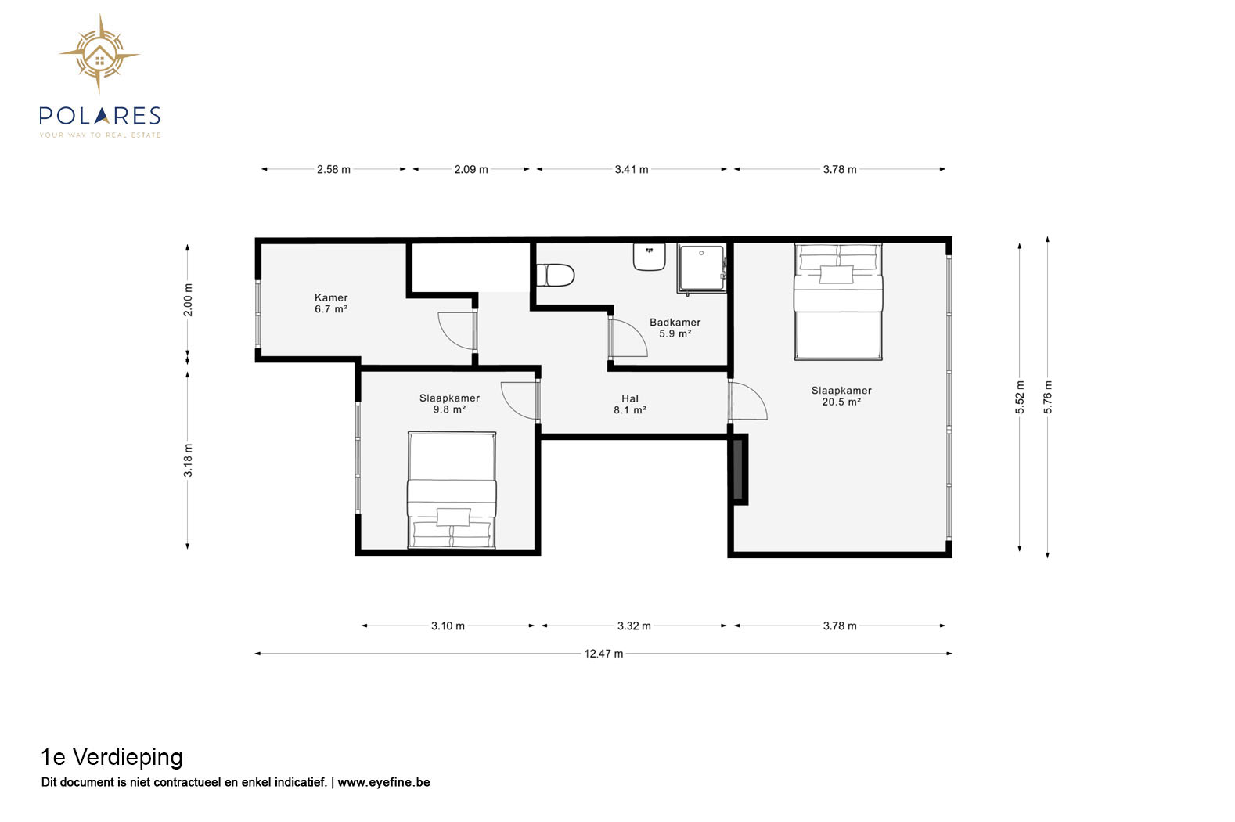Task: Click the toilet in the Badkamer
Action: pyautogui.click(x=555, y=276)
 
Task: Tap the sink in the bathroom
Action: pyautogui.click(x=649, y=257)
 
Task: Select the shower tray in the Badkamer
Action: pyautogui.click(x=701, y=268)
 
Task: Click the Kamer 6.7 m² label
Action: pyautogui.click(x=331, y=304)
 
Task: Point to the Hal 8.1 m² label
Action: pyautogui.click(x=629, y=405)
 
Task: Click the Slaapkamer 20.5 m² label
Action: pyautogui.click(x=841, y=396)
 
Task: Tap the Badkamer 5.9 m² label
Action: pyautogui.click(x=675, y=328)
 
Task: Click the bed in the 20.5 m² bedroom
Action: pyautogui.click(x=838, y=301)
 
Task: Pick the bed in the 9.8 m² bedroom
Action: pyautogui.click(x=452, y=490)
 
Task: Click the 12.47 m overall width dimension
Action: pyautogui.click(x=603, y=654)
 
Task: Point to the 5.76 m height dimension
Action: pyautogui.click(x=1047, y=397)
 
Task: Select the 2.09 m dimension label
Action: pyautogui.click(x=471, y=169)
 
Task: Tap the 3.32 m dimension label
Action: pyautogui.click(x=634, y=626)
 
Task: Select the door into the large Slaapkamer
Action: pyautogui.click(x=747, y=401)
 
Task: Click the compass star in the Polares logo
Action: pyautogui.click(x=99, y=54)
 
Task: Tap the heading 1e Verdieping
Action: pyautogui.click(x=112, y=758)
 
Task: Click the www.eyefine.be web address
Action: pyautogui.click(x=383, y=783)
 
